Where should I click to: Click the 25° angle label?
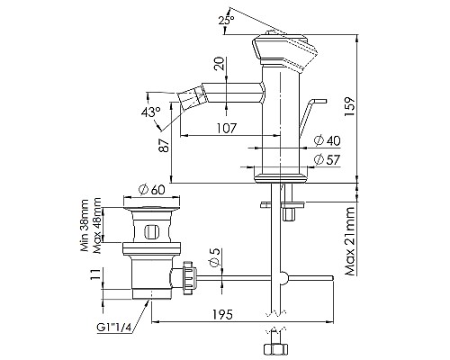coord(226,21)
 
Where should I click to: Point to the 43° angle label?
coord(151,112)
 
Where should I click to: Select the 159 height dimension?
coord(349,107)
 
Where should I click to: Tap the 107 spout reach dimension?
coord(227,128)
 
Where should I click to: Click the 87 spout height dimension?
coord(164,145)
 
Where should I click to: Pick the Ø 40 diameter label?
coord(327,140)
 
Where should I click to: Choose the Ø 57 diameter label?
coord(327,160)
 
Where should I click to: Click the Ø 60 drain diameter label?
coord(152,190)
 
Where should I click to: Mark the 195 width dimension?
coord(222,315)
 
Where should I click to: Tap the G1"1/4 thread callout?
coord(114,327)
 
